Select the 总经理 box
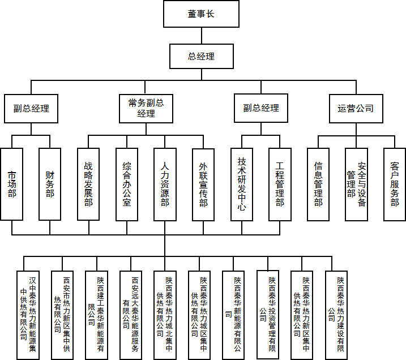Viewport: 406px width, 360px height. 201,57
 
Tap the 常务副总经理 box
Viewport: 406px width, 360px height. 146,108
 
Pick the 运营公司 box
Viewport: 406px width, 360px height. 356,108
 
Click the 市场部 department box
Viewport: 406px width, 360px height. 12,185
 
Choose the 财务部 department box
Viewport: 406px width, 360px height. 50,185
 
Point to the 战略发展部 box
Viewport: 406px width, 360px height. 88,185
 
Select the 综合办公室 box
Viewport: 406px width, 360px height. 127,185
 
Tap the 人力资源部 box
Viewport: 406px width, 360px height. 165,185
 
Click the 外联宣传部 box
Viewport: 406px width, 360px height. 203,185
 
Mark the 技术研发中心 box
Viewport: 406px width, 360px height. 242,185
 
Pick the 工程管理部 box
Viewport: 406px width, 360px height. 280,185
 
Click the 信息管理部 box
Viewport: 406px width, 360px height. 318,185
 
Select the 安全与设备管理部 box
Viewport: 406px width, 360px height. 356,185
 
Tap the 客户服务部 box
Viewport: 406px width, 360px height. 395,185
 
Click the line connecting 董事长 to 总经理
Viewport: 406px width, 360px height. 201,35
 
